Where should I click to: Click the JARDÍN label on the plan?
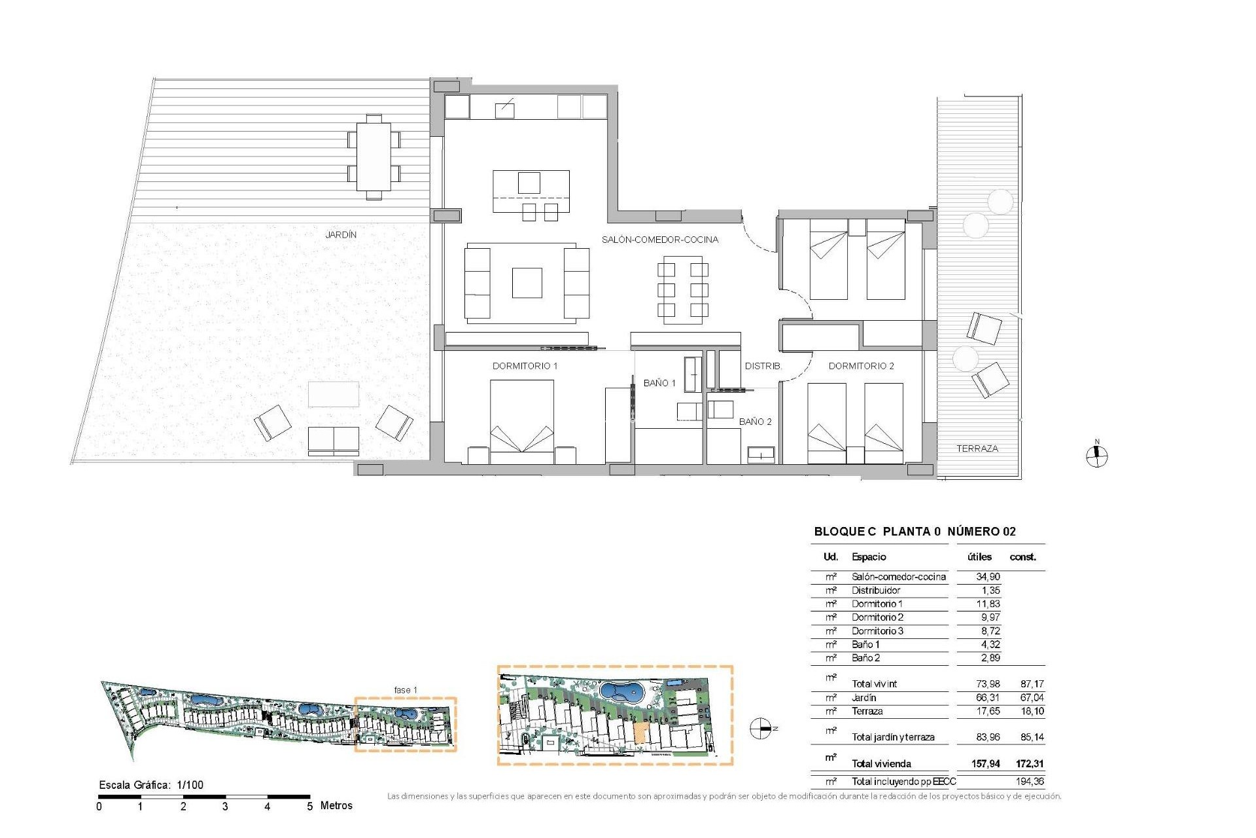click(341, 234)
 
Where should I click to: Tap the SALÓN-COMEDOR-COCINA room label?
click(659, 240)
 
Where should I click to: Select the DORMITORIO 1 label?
click(525, 366)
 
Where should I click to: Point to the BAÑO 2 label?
click(755, 422)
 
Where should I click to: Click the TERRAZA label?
click(977, 448)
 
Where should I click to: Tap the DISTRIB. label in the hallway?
click(763, 366)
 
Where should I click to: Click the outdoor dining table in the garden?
click(374, 156)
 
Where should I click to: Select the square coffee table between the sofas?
click(527, 283)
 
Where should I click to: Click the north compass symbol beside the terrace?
click(1097, 456)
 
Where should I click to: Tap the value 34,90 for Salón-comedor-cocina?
click(987, 577)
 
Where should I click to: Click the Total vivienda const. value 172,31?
click(1030, 763)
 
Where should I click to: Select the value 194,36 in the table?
click(1030, 781)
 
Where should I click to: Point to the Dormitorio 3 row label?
click(877, 631)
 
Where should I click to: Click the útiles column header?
click(979, 557)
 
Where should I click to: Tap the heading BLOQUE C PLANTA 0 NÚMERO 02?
click(915, 532)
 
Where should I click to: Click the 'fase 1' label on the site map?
click(405, 690)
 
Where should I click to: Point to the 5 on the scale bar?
click(310, 807)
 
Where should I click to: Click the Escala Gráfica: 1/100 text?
click(151, 785)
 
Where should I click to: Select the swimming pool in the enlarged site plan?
click(621, 691)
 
